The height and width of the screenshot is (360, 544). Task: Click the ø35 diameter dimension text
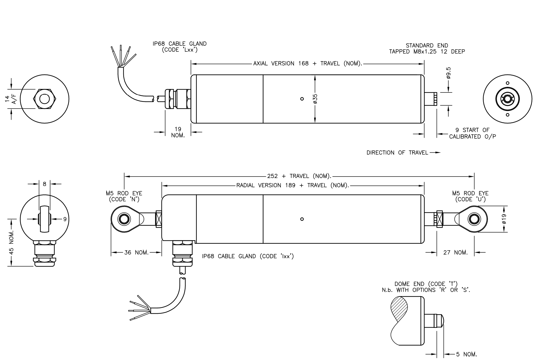tap(315, 98)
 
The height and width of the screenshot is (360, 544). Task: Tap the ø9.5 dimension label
tap(448, 73)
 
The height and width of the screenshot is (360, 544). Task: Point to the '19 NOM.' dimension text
tap(178, 132)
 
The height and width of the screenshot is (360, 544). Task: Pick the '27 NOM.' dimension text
tap(456, 253)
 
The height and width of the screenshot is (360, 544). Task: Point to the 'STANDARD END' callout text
tap(427, 45)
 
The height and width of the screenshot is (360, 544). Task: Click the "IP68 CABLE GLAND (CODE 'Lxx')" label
tap(180, 47)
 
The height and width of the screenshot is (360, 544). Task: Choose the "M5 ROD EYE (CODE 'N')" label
tap(124, 196)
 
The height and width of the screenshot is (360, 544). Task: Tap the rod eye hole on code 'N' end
tap(124, 219)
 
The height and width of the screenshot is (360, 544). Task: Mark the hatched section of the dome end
tap(399, 309)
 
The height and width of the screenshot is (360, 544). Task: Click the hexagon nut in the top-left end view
tap(45, 99)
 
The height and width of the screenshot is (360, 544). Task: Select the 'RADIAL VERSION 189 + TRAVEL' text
tap(292, 185)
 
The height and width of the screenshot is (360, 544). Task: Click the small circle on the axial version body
tap(302, 99)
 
